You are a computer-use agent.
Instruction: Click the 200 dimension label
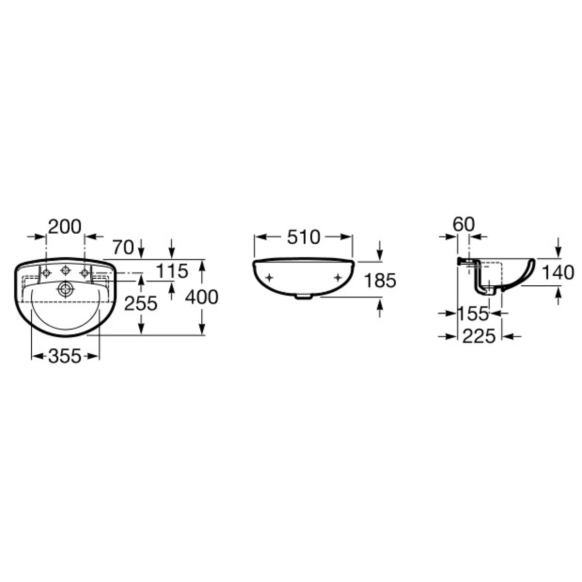(x=65, y=227)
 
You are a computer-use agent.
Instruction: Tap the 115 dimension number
(x=172, y=271)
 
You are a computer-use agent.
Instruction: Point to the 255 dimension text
(x=141, y=303)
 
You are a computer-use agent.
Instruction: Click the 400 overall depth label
(x=201, y=297)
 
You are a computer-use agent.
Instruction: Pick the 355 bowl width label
(x=65, y=356)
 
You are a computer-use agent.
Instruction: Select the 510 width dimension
(x=303, y=237)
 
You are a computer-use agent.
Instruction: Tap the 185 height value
(x=380, y=280)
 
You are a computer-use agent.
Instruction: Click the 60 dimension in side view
(x=464, y=225)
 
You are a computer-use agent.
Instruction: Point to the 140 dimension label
(x=558, y=273)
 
